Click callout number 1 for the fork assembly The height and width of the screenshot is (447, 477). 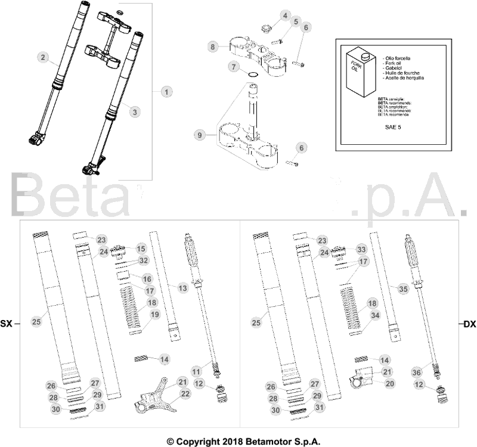pyautogui.click(x=166, y=92)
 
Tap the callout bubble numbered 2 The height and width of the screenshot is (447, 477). pyautogui.click(x=43, y=58)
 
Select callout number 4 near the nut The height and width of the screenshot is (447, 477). pyautogui.click(x=286, y=15)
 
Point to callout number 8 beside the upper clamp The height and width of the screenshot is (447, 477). pyautogui.click(x=212, y=46)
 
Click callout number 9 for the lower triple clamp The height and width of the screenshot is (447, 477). pyautogui.click(x=199, y=135)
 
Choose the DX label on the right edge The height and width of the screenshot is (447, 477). pyautogui.click(x=469, y=324)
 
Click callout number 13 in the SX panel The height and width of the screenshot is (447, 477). pyautogui.click(x=183, y=288)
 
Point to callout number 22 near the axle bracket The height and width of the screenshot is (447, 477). pyautogui.click(x=185, y=394)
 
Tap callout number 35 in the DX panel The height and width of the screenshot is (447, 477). pyautogui.click(x=402, y=288)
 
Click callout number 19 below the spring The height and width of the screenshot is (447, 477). pyautogui.click(x=154, y=315)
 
